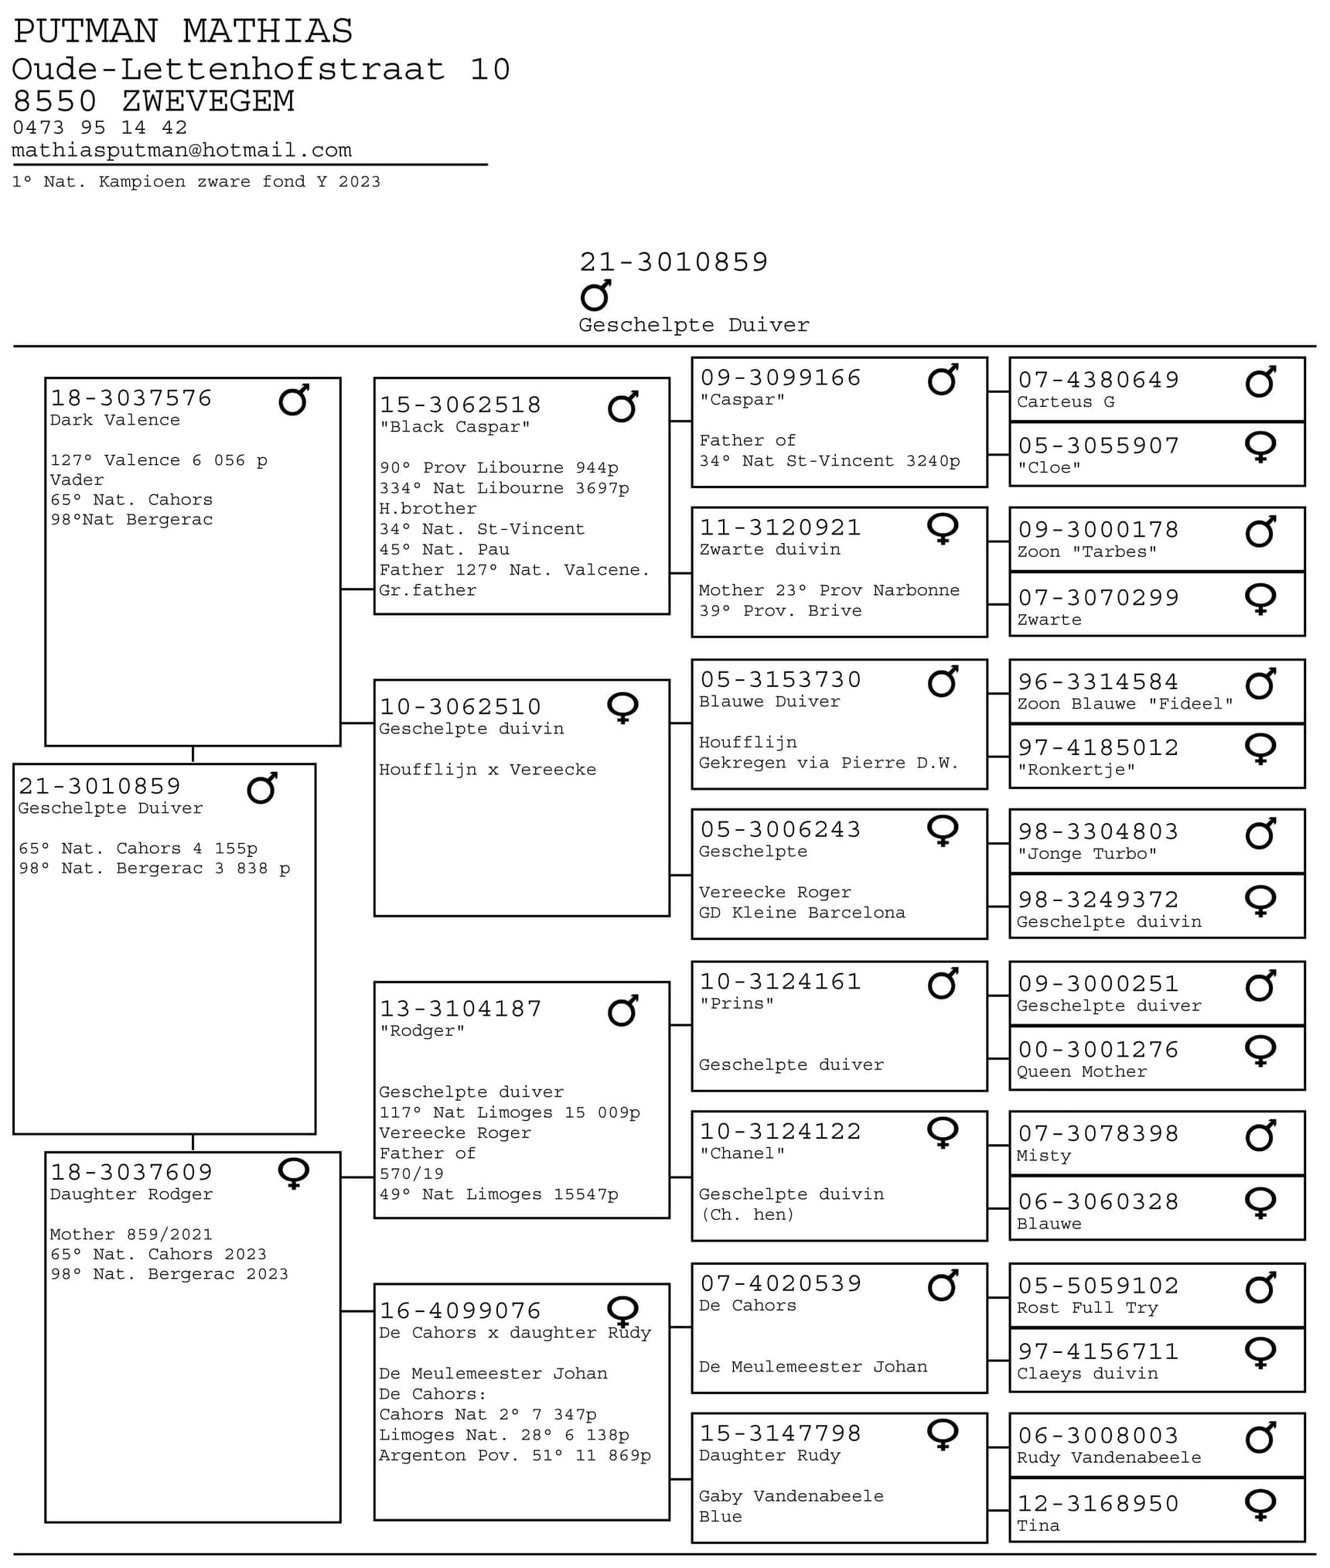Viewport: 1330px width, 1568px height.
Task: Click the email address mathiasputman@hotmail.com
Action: pos(182,150)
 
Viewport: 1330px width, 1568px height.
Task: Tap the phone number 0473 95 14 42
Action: pos(100,128)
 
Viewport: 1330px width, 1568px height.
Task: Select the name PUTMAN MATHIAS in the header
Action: pos(183,32)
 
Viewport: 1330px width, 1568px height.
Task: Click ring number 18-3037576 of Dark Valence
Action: pos(131,398)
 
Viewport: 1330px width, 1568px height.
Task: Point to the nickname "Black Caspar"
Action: pos(455,427)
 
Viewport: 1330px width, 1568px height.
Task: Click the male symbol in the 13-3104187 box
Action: pos(623,1011)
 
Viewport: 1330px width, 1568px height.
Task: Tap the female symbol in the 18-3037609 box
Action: pos(294,1173)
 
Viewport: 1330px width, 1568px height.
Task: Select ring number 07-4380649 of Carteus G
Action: pos(1098,380)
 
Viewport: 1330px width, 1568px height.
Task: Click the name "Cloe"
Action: pos(1049,468)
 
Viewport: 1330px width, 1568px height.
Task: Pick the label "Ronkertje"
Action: pos(1076,770)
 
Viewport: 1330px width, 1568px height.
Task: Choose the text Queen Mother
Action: pos(1081,1071)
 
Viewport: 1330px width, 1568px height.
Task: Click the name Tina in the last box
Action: pos(1038,1525)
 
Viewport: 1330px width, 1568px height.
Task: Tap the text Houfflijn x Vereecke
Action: pos(487,770)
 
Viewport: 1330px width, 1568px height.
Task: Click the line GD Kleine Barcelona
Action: pos(801,913)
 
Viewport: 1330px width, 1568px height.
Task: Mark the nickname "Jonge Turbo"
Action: pos(1086,854)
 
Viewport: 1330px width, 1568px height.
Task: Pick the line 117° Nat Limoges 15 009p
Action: pos(509,1112)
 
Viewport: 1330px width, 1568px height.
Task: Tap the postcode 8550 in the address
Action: pos(55,101)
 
